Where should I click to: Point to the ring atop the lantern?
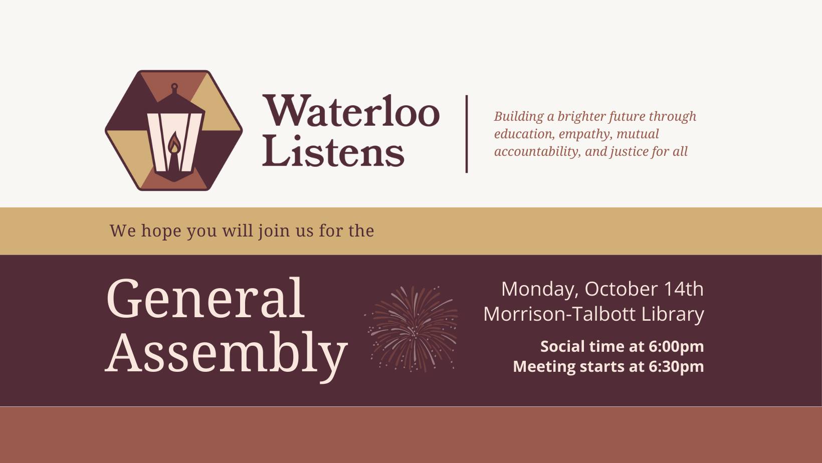[x=174, y=88]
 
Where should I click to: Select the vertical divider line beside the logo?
[x=467, y=134]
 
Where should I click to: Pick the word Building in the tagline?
[x=519, y=116]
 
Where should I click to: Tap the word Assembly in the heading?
[x=226, y=353]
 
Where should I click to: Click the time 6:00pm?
[x=676, y=346]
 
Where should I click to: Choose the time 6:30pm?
[x=676, y=366]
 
